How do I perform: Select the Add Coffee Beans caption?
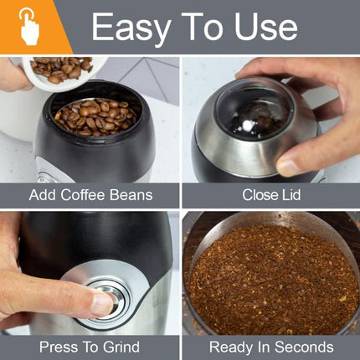tap(90, 195)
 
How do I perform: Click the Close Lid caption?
tap(270, 195)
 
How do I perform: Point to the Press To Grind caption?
tap(90, 347)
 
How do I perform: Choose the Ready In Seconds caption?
tap(270, 347)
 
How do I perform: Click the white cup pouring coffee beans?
tap(59, 70)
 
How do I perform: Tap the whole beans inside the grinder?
tap(90, 113)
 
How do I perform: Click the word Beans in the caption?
tap(131, 195)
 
